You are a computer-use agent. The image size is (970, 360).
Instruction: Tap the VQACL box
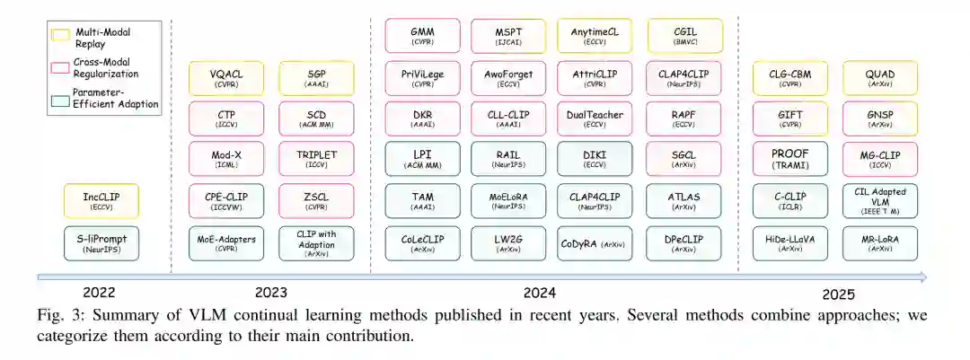click(x=226, y=78)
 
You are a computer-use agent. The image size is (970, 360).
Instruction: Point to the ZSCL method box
click(x=316, y=200)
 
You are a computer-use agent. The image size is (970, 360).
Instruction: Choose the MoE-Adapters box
click(x=226, y=241)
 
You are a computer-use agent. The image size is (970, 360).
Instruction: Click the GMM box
click(x=423, y=35)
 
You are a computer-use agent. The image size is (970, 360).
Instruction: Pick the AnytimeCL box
click(x=595, y=35)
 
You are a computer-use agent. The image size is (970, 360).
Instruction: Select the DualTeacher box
click(x=595, y=119)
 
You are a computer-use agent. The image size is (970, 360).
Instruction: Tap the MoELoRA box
click(x=508, y=200)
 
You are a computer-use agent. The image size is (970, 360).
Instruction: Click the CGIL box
click(x=684, y=35)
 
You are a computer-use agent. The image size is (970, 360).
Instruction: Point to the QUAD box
click(x=880, y=78)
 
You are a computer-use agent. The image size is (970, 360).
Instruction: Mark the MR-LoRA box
click(x=880, y=241)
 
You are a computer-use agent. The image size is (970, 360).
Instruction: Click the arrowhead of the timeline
click(x=922, y=277)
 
